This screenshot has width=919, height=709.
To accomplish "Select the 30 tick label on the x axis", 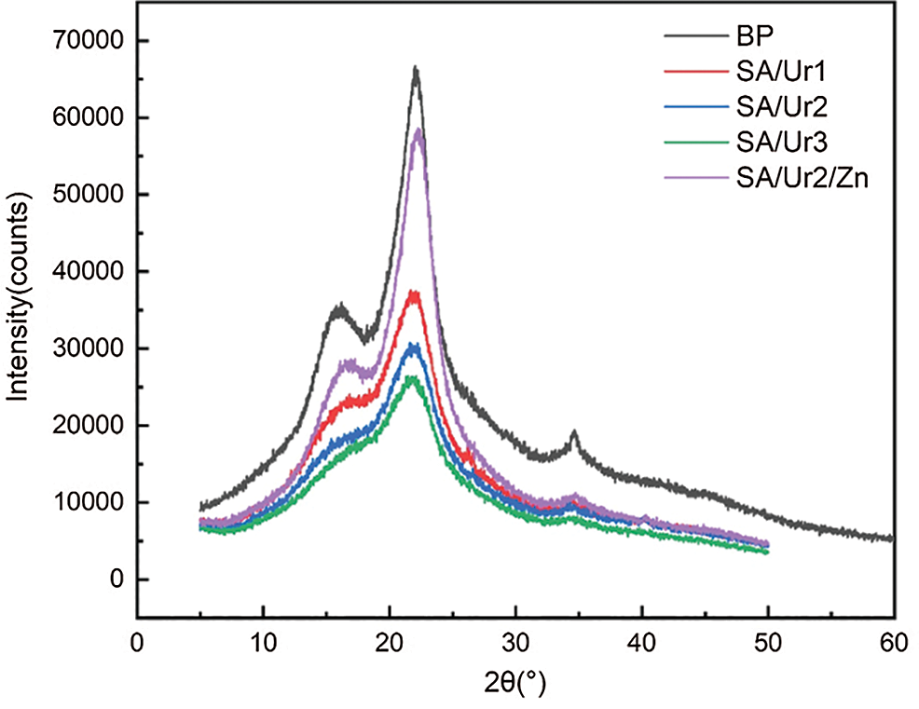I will coord(515,644).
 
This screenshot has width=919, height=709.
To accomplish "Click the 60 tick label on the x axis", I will coord(894,644).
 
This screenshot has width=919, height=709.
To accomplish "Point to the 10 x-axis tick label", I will coord(264,644).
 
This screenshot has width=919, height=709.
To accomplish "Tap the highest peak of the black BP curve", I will coord(416,68).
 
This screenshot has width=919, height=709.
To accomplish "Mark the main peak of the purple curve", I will coord(419,130).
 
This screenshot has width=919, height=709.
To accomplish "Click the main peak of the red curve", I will coord(415,293).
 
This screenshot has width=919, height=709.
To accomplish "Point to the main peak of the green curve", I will coord(411,377).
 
